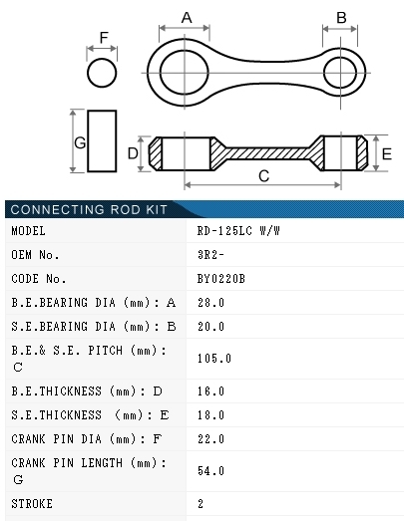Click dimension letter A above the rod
pos(187,18)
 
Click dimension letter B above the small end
pos(341,18)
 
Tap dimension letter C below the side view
pos(264,176)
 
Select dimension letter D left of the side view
pos(133,153)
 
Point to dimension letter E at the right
pos(387,154)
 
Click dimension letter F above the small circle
pos(104,38)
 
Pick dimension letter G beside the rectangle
pos(80,142)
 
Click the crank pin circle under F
pos(102,59)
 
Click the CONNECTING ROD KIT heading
pos(89,209)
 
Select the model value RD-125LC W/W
pos(238,230)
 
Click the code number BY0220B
pos(221,279)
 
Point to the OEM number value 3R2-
pos(210,254)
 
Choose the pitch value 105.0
pos(214,359)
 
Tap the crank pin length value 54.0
pos(210,470)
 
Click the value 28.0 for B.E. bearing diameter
pos(210,303)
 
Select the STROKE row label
pos(32,504)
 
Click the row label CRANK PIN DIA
pos(56,439)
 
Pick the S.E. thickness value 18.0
pos(210,415)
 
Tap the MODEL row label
pos(28,230)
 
